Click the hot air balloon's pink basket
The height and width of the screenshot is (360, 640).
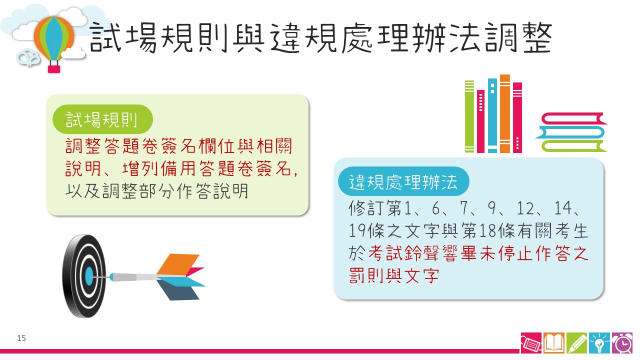tap(53, 69)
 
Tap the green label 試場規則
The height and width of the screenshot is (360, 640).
tap(102, 119)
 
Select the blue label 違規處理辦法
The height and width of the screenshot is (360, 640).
tap(403, 181)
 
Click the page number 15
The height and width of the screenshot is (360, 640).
tap(21, 338)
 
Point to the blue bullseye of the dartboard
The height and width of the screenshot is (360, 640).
tap(89, 276)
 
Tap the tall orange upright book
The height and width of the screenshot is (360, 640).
tap(505, 113)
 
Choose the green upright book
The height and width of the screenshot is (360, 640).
tap(469, 116)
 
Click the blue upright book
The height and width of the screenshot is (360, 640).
tap(492, 115)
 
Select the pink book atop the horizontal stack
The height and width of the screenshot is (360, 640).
tap(573, 118)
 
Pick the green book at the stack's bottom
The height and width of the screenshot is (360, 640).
tap(573, 146)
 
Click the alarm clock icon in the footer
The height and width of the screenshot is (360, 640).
tap(622, 343)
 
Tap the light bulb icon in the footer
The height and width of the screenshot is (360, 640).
tap(599, 343)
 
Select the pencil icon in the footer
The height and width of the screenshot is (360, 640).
tap(576, 343)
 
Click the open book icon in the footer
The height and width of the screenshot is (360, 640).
tap(553, 343)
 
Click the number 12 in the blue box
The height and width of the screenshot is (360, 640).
tap(525, 208)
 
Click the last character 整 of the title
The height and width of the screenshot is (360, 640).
tap(537, 37)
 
